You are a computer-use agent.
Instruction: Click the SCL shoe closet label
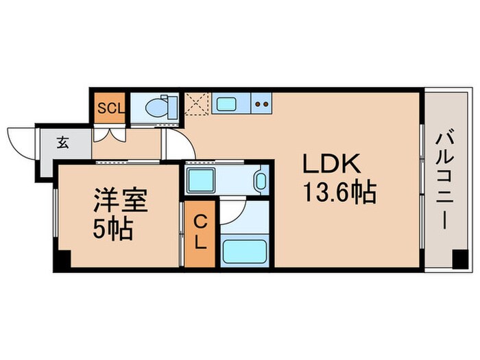[110, 108]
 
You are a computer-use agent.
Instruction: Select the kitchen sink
[226, 105]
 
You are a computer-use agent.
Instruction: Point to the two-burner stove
[261, 105]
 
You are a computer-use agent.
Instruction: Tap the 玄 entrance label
[63, 143]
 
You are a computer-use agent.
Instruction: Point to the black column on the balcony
[459, 261]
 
